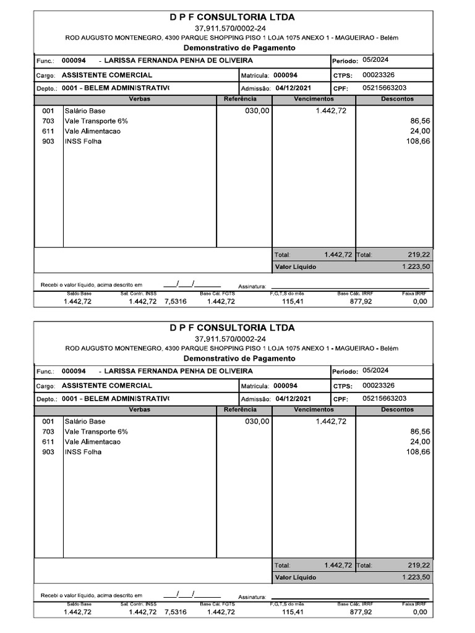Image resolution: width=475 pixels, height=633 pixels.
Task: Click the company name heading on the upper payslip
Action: [x=232, y=17]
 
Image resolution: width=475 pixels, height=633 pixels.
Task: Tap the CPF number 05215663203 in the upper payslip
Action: [x=385, y=88]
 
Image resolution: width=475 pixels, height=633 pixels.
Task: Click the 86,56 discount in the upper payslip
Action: [x=419, y=121]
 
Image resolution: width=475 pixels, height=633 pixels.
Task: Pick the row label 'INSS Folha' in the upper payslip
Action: [x=83, y=142]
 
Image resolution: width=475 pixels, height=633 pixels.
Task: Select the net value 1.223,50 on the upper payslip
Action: [x=416, y=266]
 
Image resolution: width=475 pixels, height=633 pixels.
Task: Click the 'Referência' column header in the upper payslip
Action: [x=240, y=99]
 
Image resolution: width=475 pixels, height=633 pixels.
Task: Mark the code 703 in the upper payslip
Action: [x=48, y=121]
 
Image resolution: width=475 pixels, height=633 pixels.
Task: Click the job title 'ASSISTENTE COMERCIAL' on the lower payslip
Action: [x=107, y=385]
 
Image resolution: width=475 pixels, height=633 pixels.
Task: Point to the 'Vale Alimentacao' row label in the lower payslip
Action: [x=93, y=442]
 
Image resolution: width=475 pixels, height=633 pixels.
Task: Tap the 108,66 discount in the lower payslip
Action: [x=418, y=452]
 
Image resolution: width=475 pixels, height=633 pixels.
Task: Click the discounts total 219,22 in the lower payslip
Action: [x=419, y=565]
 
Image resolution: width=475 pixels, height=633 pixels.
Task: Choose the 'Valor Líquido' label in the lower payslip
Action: [x=295, y=577]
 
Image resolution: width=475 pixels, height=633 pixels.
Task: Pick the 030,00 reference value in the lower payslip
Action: [x=257, y=421]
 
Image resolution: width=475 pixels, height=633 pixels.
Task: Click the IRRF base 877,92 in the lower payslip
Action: [x=361, y=612]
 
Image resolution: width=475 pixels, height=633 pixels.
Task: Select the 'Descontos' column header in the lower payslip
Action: [x=397, y=409]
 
